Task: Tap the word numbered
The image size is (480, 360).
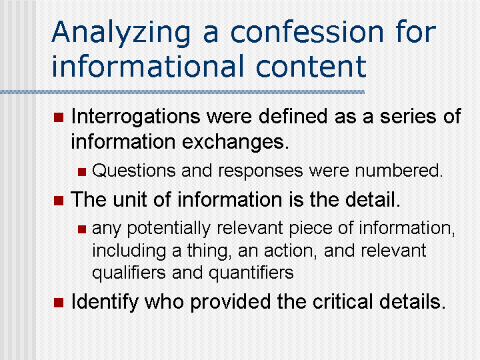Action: [x=399, y=171]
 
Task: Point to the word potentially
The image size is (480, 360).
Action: [x=167, y=229]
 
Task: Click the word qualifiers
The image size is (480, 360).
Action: [x=129, y=273]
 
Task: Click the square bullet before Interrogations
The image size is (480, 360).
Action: [x=57, y=117]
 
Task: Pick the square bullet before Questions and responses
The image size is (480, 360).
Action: [x=81, y=171]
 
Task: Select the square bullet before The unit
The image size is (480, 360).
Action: [x=57, y=200]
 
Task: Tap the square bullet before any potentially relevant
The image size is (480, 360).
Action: [x=81, y=229]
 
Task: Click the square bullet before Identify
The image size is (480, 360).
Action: [x=57, y=303]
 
